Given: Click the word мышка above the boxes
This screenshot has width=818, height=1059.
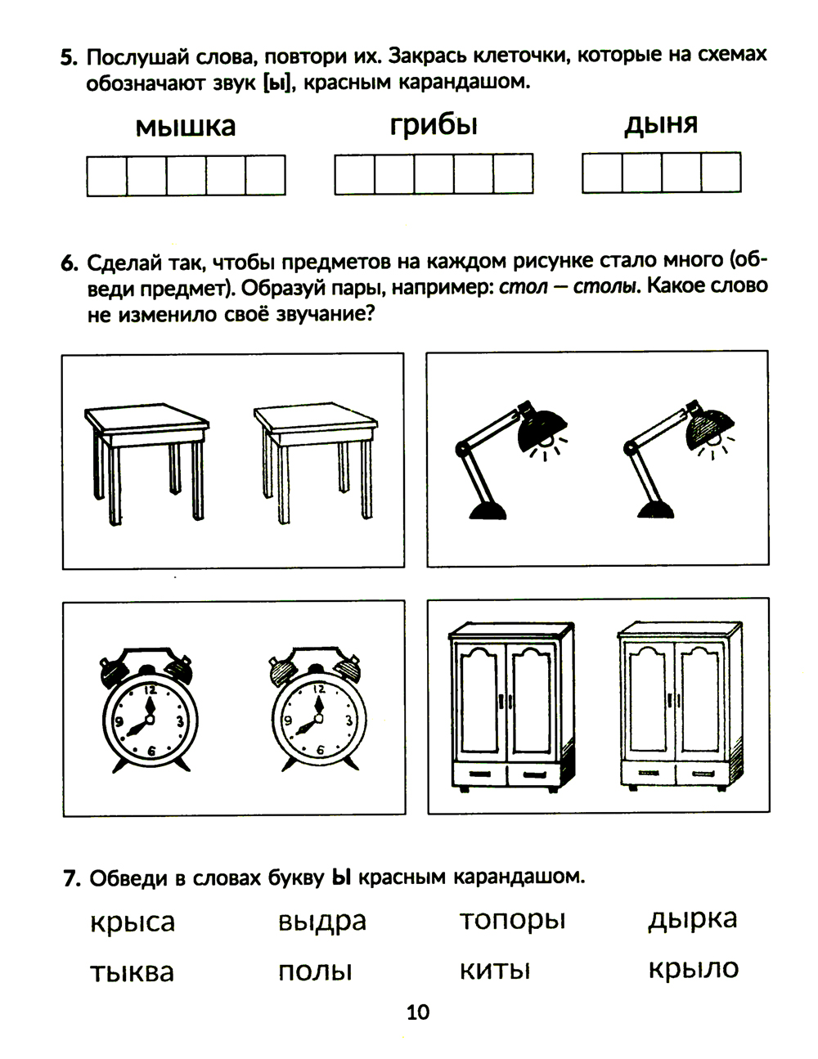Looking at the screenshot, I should (x=185, y=127).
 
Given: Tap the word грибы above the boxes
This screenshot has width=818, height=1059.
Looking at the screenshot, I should (x=434, y=125).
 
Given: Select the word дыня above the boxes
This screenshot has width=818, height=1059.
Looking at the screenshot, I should (x=661, y=124).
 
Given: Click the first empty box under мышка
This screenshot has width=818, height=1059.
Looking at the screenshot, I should (x=107, y=176).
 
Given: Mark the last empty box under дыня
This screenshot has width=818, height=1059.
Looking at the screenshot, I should (x=721, y=173).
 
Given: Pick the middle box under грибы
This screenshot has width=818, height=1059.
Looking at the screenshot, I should (x=434, y=174).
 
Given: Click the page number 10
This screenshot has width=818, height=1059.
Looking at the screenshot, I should (x=417, y=1012).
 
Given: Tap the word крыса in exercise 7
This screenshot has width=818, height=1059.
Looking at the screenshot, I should (x=133, y=922).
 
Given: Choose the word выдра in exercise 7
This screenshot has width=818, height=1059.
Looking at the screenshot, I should (x=321, y=922).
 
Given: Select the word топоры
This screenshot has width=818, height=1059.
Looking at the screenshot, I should (x=512, y=921).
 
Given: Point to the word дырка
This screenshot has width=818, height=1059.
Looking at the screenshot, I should (x=693, y=919).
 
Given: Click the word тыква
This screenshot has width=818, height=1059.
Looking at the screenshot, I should (x=132, y=972).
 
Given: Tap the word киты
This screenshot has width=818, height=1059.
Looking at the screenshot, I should (x=495, y=971).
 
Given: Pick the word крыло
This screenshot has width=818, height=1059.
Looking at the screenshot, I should (x=693, y=969).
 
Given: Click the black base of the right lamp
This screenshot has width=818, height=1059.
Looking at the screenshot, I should (x=659, y=509).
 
